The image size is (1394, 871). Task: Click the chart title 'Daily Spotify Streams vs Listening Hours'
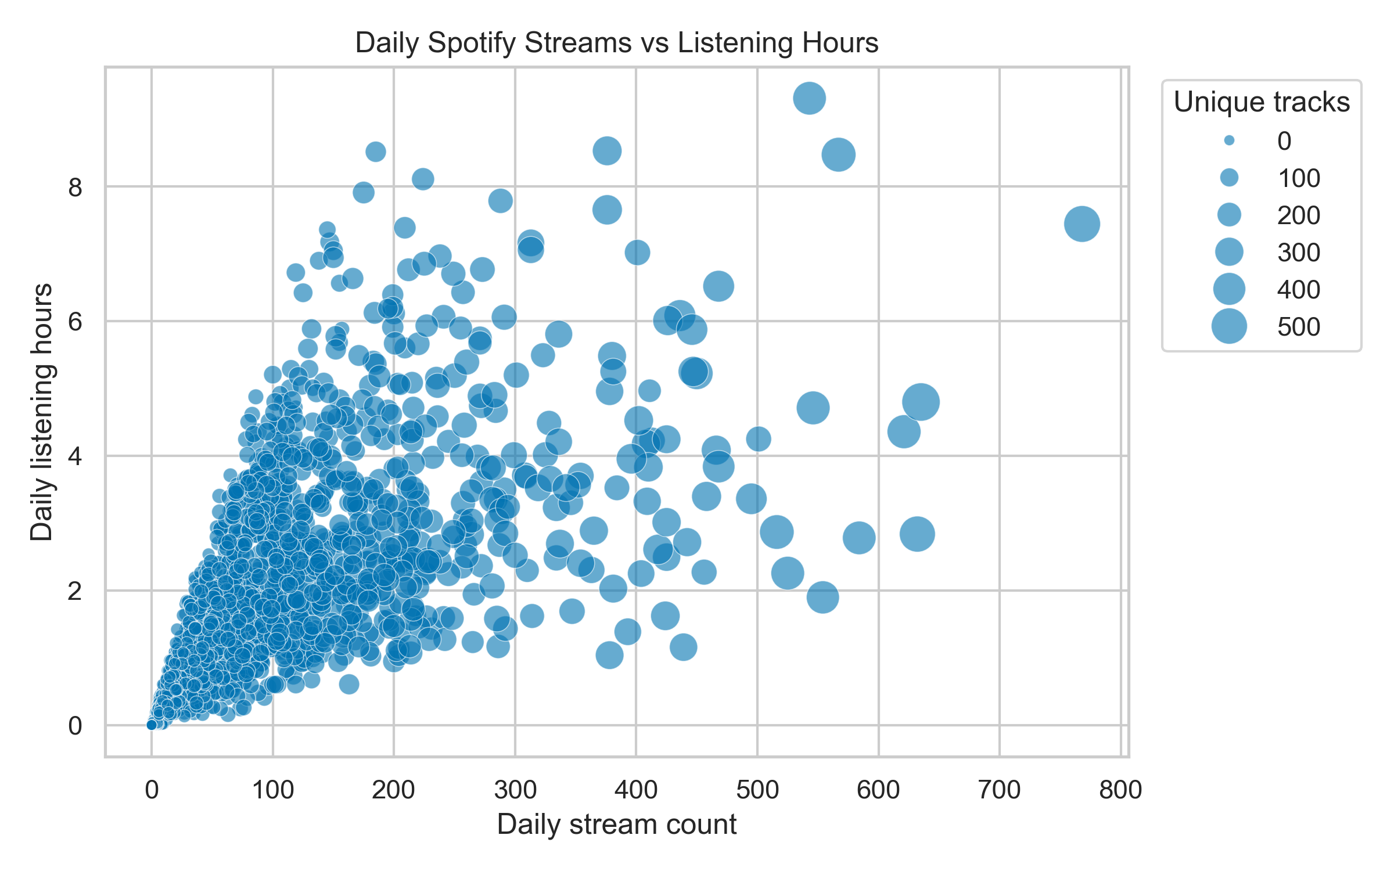(x=616, y=43)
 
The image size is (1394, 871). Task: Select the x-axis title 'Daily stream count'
(x=616, y=825)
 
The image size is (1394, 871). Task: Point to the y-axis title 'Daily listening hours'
(x=42, y=412)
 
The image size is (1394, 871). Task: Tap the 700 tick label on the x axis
(x=999, y=790)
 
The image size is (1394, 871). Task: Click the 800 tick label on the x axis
(x=1120, y=790)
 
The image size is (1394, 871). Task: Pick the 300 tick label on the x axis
(x=515, y=790)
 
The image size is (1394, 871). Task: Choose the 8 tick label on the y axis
(x=75, y=187)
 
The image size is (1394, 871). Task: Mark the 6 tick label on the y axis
(x=75, y=321)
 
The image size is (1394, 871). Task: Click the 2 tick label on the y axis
(x=75, y=591)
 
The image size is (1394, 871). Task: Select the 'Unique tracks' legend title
(x=1262, y=102)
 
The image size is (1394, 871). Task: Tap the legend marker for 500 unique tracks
(x=1229, y=326)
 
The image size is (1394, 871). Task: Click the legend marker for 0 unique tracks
(x=1229, y=141)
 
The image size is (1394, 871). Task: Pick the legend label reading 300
(x=1299, y=253)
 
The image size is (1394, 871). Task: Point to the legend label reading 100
(x=1299, y=178)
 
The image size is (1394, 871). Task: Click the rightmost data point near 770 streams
(x=1082, y=224)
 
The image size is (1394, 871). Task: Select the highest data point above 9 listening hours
(x=809, y=98)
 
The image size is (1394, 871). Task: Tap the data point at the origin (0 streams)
(x=152, y=725)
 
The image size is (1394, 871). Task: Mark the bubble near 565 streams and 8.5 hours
(x=838, y=154)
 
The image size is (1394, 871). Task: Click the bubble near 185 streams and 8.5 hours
(x=376, y=152)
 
